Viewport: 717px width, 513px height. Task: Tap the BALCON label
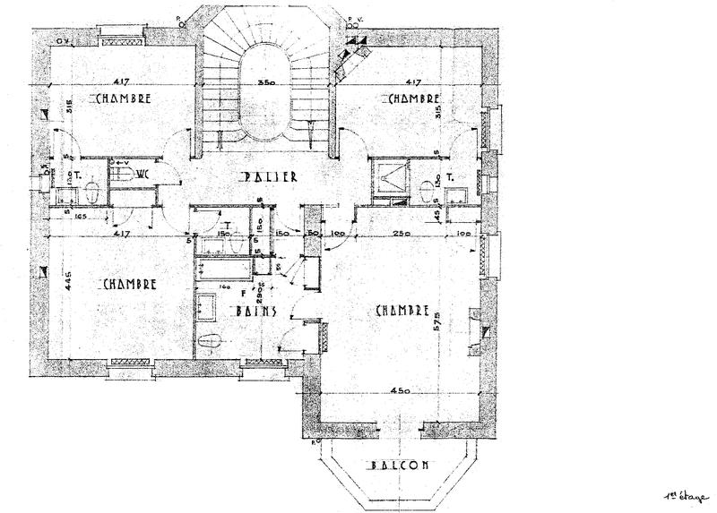(400, 466)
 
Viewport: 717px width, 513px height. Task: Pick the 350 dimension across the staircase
(264, 82)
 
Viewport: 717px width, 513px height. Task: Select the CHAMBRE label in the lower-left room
(130, 284)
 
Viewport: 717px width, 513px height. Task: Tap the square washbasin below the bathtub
(206, 305)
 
